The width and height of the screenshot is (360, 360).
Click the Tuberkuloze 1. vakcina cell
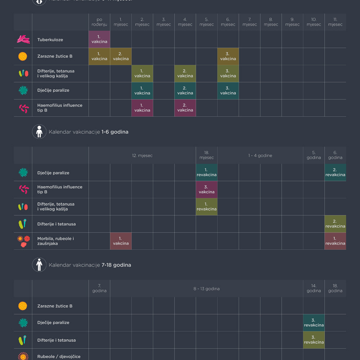[99, 39]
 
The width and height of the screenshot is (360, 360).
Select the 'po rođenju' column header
[99, 22]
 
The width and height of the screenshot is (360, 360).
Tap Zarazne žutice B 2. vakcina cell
[121, 57]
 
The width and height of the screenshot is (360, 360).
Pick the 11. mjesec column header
[335, 22]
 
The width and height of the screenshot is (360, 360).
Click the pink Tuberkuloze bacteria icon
[23, 40]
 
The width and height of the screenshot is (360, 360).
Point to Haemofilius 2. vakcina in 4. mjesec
[185, 108]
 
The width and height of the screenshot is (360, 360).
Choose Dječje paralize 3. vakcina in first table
[228, 91]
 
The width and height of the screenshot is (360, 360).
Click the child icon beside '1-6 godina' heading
[39, 132]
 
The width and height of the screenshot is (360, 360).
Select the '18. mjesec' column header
[207, 155]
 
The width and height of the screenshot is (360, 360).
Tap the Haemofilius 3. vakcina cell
[207, 190]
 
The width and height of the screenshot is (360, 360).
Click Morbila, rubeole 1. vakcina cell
[121, 241]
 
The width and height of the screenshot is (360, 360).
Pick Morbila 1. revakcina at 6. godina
[335, 241]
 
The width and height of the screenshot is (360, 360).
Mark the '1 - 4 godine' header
[260, 156]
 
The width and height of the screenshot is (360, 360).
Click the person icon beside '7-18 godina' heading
[39, 265]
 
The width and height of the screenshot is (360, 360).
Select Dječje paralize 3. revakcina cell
[314, 323]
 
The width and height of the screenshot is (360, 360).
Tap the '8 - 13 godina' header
[207, 289]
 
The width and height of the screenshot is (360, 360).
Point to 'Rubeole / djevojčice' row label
[59, 356]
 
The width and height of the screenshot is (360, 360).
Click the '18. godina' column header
[335, 288]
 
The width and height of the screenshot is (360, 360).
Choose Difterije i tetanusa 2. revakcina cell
[335, 224]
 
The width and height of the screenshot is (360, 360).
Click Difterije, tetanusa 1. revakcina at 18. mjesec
[207, 207]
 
